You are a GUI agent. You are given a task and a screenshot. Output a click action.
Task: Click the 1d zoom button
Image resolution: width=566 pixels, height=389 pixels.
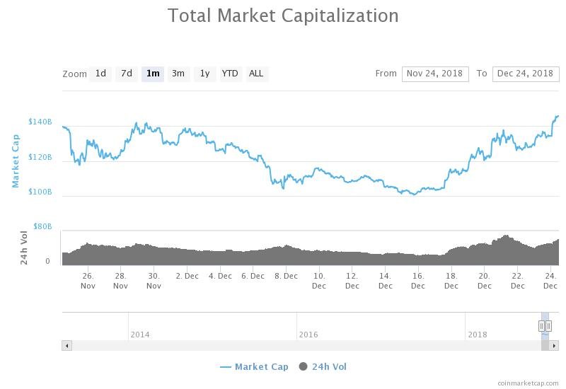click(x=100, y=74)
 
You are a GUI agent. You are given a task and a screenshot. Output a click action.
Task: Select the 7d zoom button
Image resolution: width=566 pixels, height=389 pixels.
click(x=127, y=74)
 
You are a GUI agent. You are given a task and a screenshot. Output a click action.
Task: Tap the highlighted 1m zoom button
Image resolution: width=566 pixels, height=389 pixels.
click(x=153, y=74)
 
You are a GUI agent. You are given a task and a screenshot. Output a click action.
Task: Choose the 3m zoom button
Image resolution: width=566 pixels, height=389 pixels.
click(x=178, y=74)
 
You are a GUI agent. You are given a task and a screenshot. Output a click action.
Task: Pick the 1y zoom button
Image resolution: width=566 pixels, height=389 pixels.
click(x=204, y=74)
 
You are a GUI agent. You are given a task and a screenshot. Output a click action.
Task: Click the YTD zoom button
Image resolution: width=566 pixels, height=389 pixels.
click(x=230, y=74)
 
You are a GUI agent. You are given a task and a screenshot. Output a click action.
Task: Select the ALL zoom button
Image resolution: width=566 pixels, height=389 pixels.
click(x=256, y=74)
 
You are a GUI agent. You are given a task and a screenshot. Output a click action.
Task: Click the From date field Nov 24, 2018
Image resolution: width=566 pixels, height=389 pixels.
click(x=435, y=74)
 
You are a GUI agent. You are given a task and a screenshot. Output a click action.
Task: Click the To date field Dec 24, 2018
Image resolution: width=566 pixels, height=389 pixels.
click(x=525, y=74)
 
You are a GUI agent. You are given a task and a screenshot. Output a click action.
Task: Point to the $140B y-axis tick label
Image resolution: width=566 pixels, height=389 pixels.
click(x=40, y=122)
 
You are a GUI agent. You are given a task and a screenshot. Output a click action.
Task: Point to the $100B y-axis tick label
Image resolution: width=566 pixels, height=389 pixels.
click(x=40, y=192)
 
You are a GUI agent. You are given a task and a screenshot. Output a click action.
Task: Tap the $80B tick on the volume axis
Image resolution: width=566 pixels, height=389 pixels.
click(x=42, y=226)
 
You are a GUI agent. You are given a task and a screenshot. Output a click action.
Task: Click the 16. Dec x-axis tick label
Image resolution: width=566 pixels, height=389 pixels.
click(x=418, y=281)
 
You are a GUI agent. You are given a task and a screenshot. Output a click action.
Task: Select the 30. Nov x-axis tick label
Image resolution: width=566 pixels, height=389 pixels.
click(x=154, y=281)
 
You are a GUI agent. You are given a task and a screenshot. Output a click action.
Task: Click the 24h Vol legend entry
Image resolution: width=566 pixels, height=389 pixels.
click(x=323, y=366)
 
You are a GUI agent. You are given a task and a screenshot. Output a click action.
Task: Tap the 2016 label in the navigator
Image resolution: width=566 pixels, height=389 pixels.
click(x=308, y=335)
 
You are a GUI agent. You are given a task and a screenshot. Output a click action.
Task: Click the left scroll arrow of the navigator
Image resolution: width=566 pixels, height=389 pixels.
click(x=67, y=346)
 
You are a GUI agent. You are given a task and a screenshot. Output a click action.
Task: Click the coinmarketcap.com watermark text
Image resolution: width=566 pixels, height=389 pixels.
click(x=528, y=383)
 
